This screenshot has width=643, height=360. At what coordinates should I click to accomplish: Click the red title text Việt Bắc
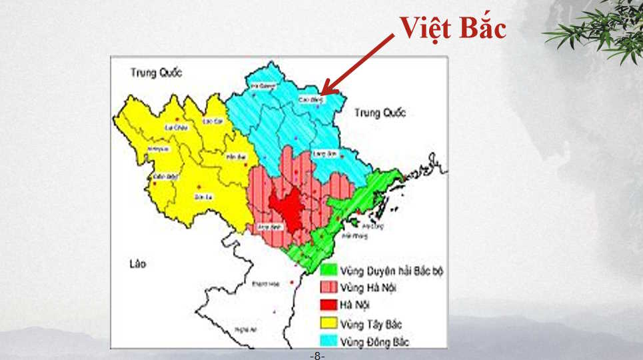[453, 29]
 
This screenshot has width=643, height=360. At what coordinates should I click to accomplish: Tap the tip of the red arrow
[322, 93]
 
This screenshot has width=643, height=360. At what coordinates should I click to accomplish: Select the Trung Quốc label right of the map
[380, 113]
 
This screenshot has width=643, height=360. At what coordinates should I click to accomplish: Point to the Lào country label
[137, 265]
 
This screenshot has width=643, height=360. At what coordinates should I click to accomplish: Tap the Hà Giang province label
[262, 85]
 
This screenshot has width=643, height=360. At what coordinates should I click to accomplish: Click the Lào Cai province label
[212, 121]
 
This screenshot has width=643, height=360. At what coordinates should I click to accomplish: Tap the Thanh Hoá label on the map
[264, 284]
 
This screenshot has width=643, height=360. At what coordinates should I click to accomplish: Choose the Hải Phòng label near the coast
[350, 235]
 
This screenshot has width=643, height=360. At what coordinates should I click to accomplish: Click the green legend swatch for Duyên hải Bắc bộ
[328, 271]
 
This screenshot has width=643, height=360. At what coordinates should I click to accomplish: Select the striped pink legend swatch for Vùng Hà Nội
[328, 288]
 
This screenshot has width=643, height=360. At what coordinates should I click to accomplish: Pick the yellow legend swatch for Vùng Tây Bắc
[328, 324]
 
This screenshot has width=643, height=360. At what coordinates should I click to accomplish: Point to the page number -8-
[317, 356]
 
